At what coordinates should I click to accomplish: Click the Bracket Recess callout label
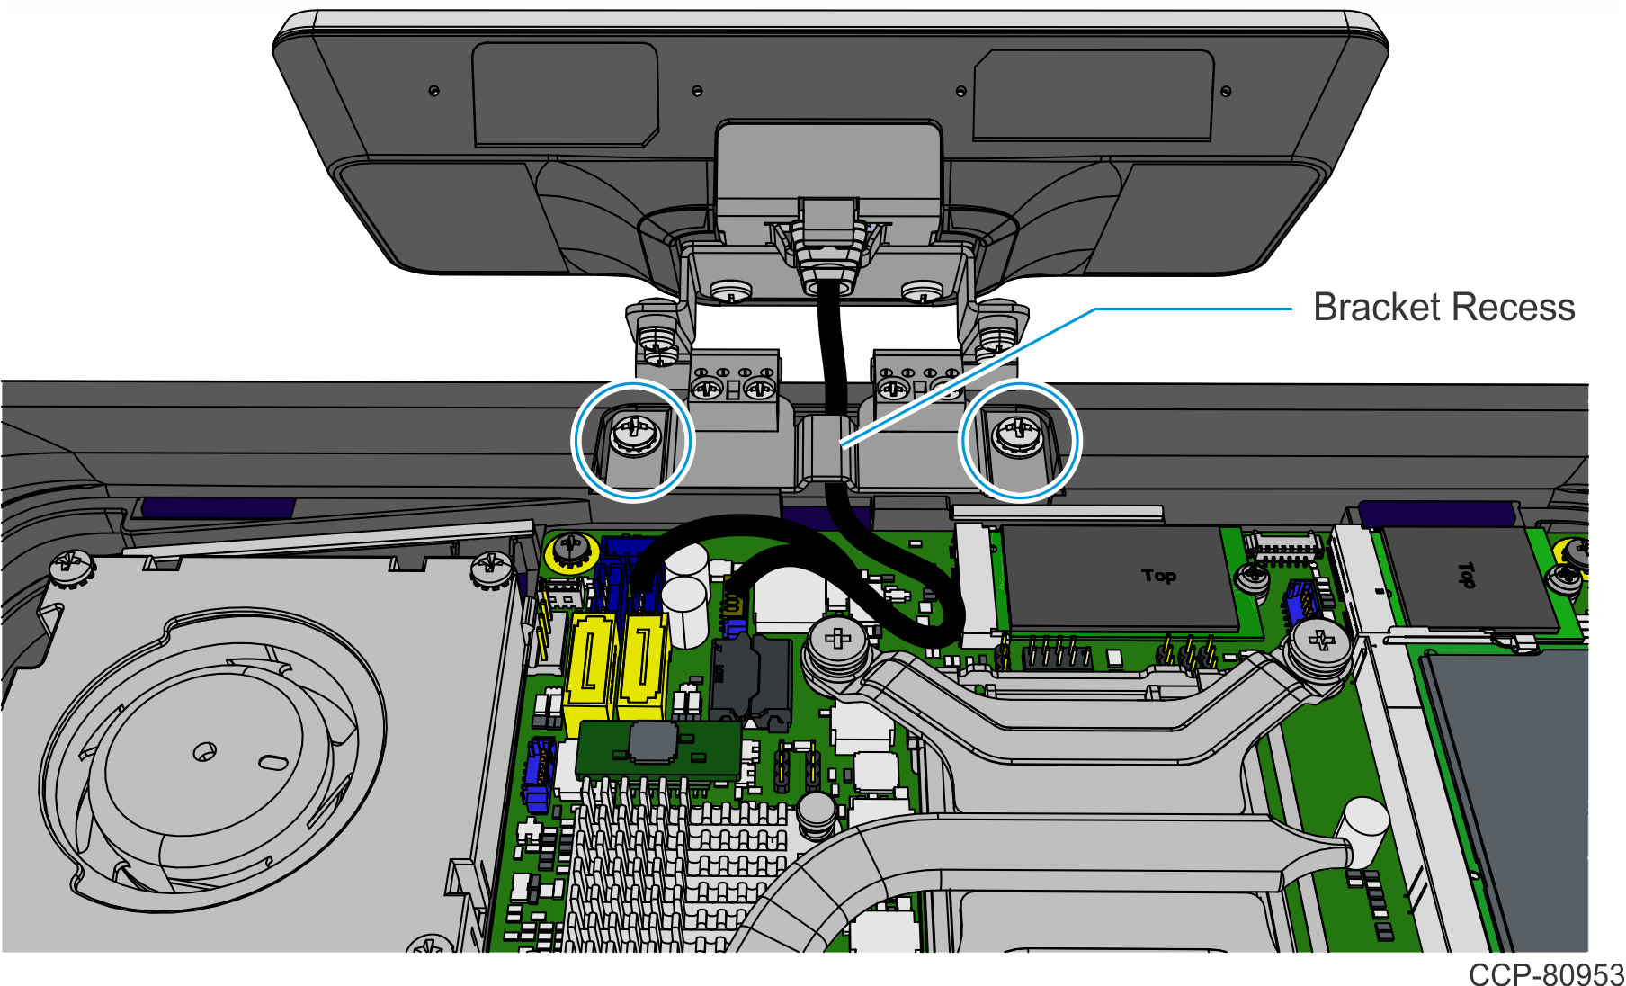(x=1443, y=308)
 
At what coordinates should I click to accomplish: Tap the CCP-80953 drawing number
(x=1546, y=974)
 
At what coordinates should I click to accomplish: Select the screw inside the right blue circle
(x=1018, y=435)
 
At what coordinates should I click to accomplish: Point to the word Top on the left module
(x=1158, y=575)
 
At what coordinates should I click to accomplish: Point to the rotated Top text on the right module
(x=1466, y=574)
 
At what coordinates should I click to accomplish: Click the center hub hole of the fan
(x=205, y=750)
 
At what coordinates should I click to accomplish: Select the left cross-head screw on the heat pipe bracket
(x=837, y=641)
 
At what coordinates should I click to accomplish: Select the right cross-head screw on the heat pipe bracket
(x=1320, y=641)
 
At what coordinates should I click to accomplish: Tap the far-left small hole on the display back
(x=434, y=90)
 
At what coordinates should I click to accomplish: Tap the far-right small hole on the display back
(x=1226, y=91)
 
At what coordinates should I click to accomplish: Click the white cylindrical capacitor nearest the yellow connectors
(x=684, y=612)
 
